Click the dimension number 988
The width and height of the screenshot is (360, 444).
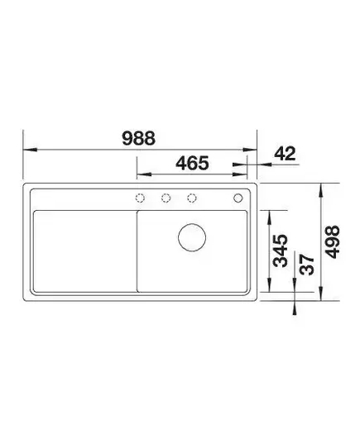138,138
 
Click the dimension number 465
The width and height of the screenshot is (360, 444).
192,163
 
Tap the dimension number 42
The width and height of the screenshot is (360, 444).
285,154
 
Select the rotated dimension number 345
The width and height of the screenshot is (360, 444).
281,251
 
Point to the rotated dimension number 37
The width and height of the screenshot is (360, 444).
307,265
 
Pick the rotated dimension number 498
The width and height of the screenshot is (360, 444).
332,241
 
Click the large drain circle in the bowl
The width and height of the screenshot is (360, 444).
192,237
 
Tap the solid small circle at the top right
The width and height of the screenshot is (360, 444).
238,198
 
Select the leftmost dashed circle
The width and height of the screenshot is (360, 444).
140,198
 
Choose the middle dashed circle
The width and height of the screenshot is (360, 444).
166,198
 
